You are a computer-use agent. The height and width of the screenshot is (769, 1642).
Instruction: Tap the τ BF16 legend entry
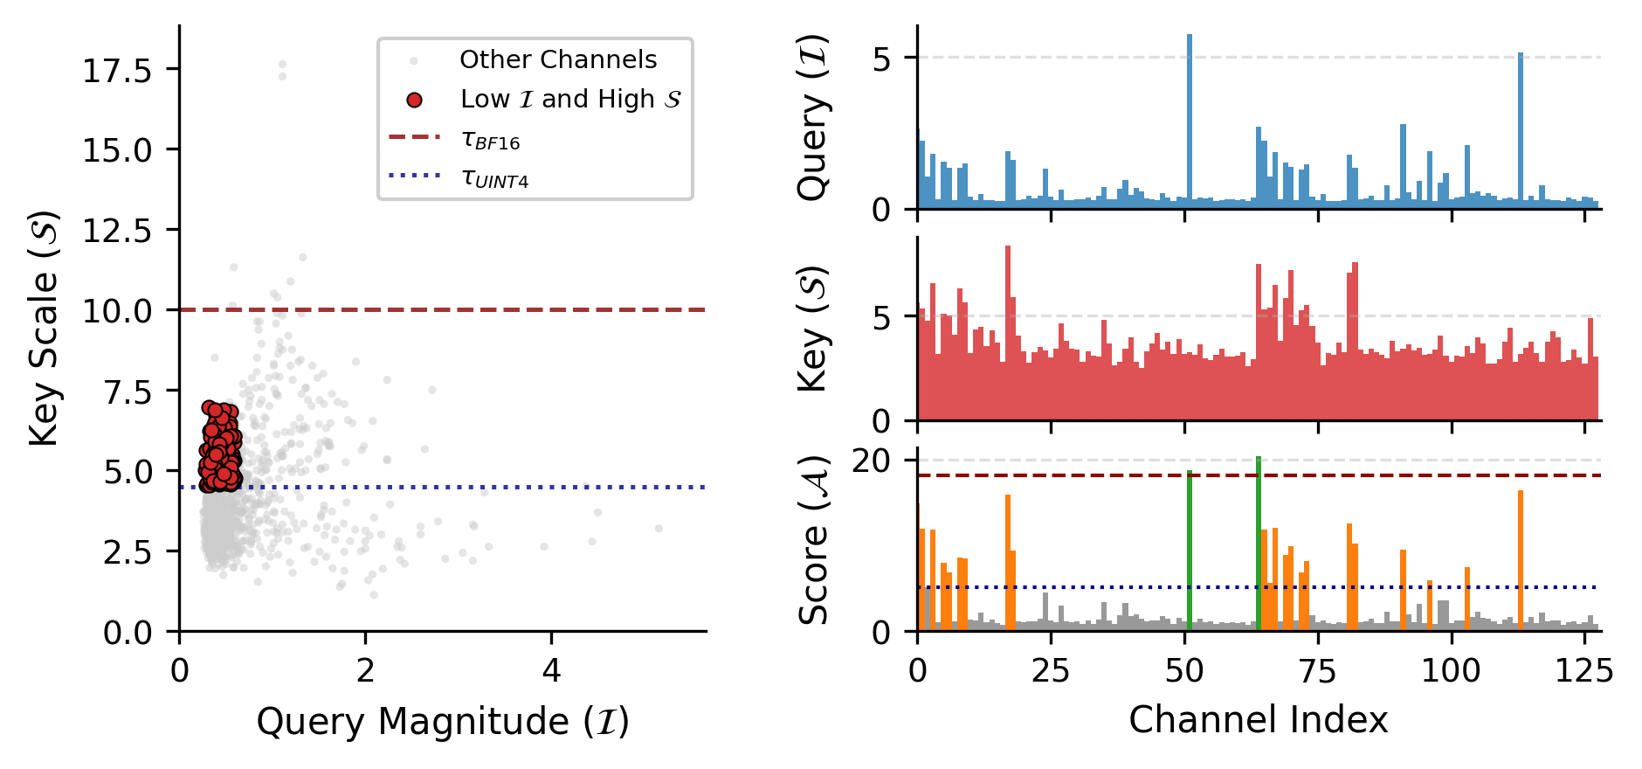coord(490,140)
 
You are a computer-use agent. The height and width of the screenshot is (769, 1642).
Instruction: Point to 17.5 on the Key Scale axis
coord(117,71)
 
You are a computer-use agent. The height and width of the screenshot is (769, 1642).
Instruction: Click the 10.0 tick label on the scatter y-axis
coord(117,311)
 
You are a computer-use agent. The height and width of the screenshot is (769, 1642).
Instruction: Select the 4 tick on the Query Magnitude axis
coord(551,670)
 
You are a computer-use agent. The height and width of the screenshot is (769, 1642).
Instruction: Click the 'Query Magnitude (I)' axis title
coord(443,722)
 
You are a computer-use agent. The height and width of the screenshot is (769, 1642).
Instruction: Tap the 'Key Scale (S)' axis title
coord(44,328)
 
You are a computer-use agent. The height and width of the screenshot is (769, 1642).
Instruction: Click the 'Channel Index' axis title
coord(1258,720)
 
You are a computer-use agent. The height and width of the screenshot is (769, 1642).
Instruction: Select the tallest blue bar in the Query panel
coord(1190,122)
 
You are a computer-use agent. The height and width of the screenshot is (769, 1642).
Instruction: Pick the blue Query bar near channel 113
coord(1521,131)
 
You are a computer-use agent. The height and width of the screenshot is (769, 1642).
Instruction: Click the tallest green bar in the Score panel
coord(1259,542)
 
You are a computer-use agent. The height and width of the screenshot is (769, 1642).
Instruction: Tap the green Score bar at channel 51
coord(1190,551)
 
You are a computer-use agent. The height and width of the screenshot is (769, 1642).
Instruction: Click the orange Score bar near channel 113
coord(1521,559)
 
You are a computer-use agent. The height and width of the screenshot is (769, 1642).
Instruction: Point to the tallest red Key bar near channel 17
coord(1008,332)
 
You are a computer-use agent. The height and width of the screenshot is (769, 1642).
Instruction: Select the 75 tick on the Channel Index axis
coord(1317,670)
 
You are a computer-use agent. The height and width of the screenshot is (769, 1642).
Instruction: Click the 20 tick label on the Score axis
coord(871,461)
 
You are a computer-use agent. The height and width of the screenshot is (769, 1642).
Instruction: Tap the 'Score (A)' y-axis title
coord(814,539)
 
